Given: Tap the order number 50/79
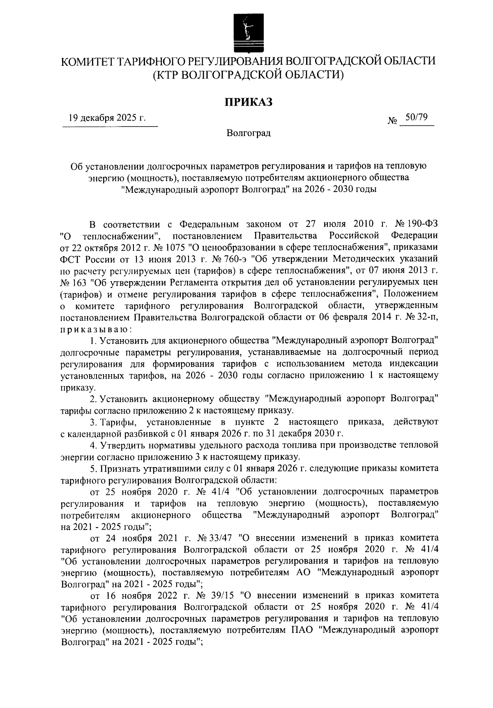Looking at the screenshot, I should point(416,118).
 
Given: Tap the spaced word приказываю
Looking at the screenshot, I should point(94,329).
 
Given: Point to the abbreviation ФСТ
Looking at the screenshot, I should point(71,259).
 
